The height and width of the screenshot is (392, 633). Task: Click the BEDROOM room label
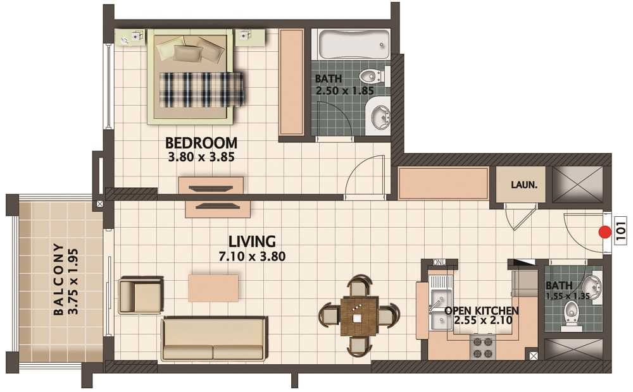click(x=201, y=143)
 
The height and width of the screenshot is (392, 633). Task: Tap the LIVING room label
click(x=252, y=241)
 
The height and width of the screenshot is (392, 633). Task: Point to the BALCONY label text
click(x=58, y=279)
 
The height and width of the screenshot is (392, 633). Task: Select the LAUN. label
click(x=524, y=185)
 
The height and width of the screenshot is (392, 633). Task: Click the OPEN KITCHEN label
click(x=481, y=310)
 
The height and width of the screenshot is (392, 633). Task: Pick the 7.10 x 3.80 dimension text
click(x=252, y=256)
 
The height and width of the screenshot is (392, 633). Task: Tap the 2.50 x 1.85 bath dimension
click(x=344, y=90)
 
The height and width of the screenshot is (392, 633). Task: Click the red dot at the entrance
click(x=605, y=232)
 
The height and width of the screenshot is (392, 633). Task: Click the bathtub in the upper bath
click(x=354, y=44)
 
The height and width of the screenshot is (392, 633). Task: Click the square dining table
click(x=360, y=315)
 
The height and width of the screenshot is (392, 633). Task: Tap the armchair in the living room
click(x=141, y=295)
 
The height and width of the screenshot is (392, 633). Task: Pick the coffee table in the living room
click(x=213, y=288)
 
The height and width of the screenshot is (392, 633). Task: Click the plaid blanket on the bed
click(x=201, y=90)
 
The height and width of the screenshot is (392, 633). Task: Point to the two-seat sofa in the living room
click(x=214, y=338)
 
